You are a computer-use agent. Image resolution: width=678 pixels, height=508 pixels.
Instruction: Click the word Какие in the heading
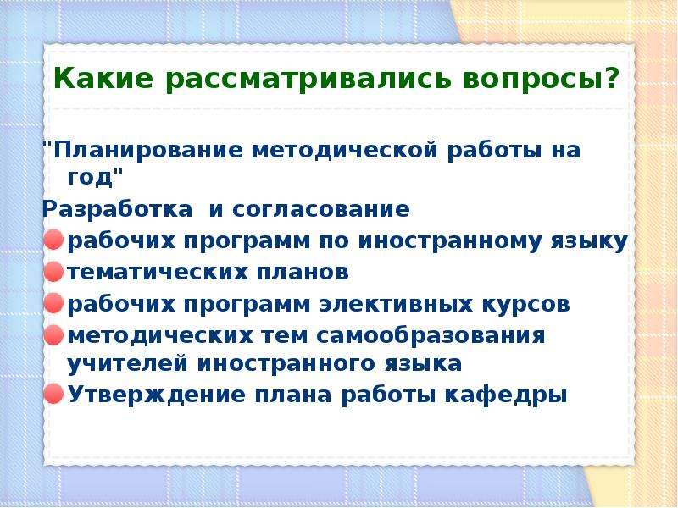tap(103, 78)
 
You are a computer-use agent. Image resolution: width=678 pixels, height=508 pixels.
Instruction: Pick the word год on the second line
tap(90, 178)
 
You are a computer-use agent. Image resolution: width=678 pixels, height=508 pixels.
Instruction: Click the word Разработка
tap(117, 209)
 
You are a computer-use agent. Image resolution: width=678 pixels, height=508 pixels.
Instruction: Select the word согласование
tap(321, 209)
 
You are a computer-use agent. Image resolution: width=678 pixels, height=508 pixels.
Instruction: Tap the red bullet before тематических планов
tap(53, 272)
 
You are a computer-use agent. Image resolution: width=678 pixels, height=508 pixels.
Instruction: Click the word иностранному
tap(450, 241)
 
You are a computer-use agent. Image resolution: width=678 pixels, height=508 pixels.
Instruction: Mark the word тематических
tap(158, 273)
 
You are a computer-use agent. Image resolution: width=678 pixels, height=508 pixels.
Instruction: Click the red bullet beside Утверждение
tap(53, 394)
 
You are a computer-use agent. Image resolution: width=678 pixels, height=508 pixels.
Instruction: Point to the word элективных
tap(396, 304)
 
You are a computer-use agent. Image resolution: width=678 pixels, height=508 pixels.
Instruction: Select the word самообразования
tap(431, 335)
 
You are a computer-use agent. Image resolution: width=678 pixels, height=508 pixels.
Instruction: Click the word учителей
tap(128, 363)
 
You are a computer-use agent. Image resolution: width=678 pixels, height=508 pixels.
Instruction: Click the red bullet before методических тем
tap(53, 334)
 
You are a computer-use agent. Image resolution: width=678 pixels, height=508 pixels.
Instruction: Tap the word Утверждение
tap(157, 395)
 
